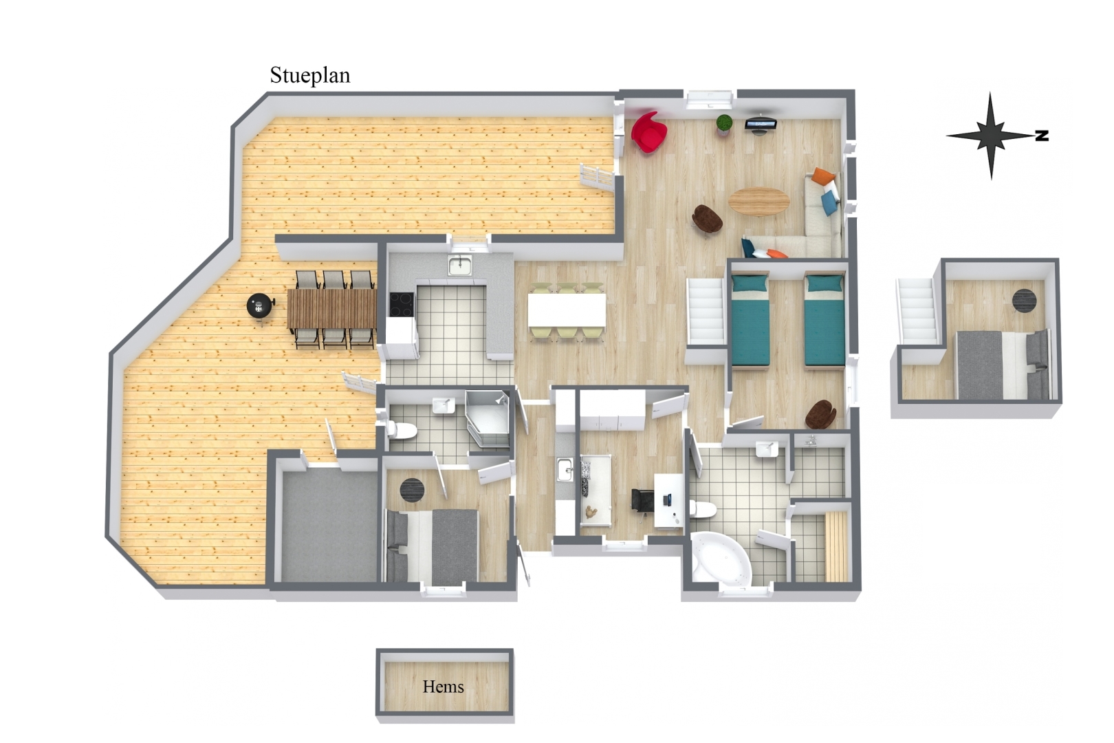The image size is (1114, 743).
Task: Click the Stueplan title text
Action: coord(310,76)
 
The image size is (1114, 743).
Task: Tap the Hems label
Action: coord(443,687)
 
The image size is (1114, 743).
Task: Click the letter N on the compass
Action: coord(1042,136)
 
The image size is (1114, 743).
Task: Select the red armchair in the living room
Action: coord(649,132)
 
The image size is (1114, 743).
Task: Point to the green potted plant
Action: coord(724,123)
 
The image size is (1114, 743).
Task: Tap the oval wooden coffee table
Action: coord(759,201)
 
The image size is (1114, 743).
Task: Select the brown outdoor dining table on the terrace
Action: coord(331,309)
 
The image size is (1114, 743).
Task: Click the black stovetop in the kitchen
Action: coord(402,305)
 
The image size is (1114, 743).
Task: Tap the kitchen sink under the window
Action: coord(459,266)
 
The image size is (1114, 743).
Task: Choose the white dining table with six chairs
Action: coord(567,310)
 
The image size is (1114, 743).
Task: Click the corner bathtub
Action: coord(721,559)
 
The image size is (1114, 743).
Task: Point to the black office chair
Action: coord(642,499)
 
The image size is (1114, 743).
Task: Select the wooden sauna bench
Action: coord(836,546)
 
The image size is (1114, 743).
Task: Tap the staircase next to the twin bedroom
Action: coord(706,312)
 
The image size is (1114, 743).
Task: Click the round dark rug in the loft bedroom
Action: coord(1025,301)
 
